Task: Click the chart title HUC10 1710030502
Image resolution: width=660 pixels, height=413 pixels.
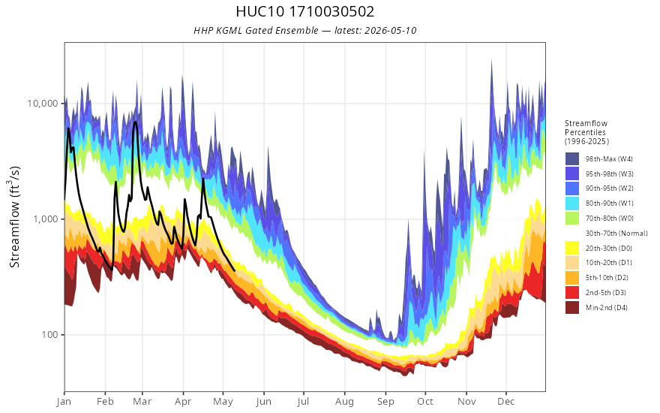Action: [x=304, y=11]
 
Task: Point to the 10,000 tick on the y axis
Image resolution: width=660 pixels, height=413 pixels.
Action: [x=42, y=104]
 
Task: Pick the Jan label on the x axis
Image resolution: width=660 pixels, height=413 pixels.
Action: [x=64, y=402]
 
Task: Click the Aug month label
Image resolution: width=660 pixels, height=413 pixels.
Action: [x=344, y=402]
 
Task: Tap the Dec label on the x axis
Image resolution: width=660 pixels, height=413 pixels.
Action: [x=506, y=402]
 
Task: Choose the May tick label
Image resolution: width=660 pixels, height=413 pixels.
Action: [x=223, y=402]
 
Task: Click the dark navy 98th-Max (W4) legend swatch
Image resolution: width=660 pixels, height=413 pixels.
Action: [x=572, y=159]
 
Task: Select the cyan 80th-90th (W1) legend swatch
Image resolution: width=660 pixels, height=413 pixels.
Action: [x=572, y=203]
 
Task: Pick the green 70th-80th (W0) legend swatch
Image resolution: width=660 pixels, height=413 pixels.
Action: [x=572, y=218]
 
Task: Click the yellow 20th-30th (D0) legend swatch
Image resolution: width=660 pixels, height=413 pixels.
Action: [x=572, y=248]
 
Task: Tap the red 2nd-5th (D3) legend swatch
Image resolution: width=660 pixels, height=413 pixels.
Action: [x=572, y=292]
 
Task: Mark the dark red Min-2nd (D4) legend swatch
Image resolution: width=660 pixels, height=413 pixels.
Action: [x=572, y=307]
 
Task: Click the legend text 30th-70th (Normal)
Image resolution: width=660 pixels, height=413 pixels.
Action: [x=616, y=233]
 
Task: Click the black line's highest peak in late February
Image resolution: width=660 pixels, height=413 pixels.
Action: [x=135, y=122]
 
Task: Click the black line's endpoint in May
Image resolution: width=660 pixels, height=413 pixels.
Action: [x=235, y=270]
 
